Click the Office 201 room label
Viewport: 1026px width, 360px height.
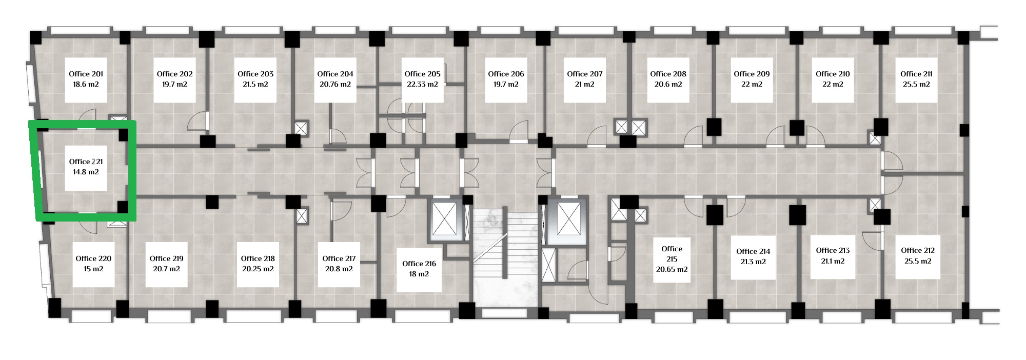pyautogui.click(x=86, y=74)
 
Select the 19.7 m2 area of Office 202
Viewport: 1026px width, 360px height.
pyautogui.click(x=174, y=85)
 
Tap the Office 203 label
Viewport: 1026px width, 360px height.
pyautogui.click(x=255, y=74)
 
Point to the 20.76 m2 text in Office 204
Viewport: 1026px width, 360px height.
pyautogui.click(x=335, y=85)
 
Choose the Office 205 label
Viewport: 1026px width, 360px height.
pyautogui.click(x=422, y=74)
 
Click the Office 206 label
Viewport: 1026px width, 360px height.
pyautogui.click(x=506, y=74)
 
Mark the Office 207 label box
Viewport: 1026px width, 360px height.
pyautogui.click(x=585, y=79)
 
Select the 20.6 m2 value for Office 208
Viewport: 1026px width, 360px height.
pyautogui.click(x=668, y=85)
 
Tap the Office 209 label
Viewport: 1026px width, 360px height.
pyautogui.click(x=752, y=74)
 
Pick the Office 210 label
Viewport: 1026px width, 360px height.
pyautogui.click(x=833, y=74)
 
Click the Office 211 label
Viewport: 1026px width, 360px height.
pyautogui.click(x=916, y=74)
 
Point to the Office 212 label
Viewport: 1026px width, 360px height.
pyautogui.click(x=918, y=250)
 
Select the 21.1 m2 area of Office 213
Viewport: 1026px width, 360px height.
pyautogui.click(x=833, y=261)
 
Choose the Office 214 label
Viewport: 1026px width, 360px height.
pyautogui.click(x=753, y=251)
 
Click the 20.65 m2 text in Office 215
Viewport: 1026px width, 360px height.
pyautogui.click(x=672, y=269)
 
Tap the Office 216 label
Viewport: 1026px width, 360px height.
pyautogui.click(x=419, y=264)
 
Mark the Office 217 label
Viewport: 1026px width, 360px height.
pyautogui.click(x=339, y=258)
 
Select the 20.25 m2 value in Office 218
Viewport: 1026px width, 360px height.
pyautogui.click(x=258, y=269)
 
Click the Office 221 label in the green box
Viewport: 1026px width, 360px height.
pyautogui.click(x=86, y=162)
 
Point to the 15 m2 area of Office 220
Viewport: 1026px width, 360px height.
pyautogui.click(x=93, y=269)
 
